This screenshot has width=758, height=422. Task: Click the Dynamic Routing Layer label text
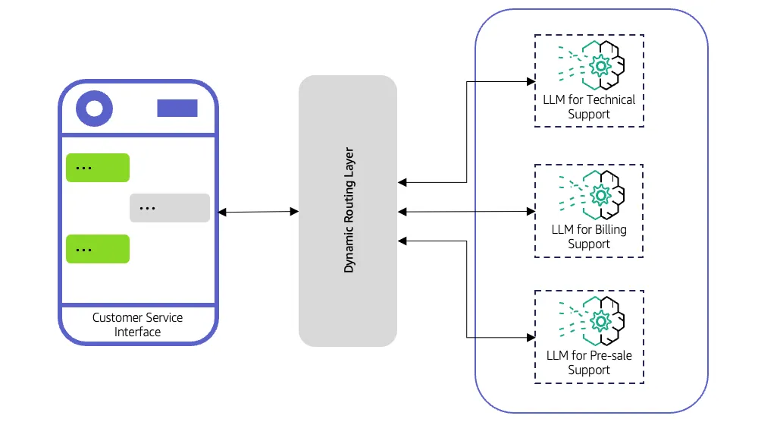point(349,210)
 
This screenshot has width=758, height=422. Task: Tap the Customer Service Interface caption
point(137,324)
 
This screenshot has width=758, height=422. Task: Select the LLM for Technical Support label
point(589,107)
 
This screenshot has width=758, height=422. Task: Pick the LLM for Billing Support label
point(589,236)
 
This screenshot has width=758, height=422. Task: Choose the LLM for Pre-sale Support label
point(589,362)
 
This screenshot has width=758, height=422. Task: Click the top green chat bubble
point(98,168)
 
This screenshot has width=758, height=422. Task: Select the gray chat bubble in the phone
point(169,208)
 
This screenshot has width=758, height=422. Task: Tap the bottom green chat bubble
point(98,249)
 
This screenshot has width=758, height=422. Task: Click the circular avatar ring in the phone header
point(94,109)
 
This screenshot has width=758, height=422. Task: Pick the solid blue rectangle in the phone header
point(177,109)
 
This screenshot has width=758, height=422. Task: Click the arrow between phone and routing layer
point(258,212)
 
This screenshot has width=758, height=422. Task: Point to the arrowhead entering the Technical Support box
point(530,80)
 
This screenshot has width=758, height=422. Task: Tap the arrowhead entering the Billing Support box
point(530,210)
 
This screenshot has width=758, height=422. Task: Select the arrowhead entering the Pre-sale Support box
point(530,336)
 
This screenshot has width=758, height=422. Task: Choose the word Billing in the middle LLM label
point(609,228)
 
